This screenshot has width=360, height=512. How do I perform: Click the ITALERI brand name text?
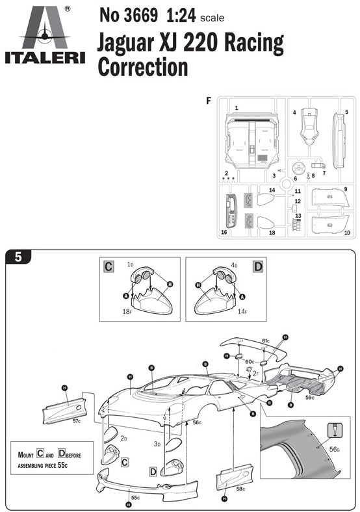pos(45,58)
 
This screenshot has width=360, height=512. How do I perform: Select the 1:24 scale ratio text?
pos(181,16)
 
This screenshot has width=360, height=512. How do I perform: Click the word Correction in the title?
pos(143,67)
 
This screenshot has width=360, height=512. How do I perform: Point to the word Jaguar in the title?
pos(126,44)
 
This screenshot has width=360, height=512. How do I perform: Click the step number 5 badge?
pos(18,257)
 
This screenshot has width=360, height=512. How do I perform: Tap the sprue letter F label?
pos(209,101)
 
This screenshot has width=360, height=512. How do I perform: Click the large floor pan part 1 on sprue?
pos(251,140)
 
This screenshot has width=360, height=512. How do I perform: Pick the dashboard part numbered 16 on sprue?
pos(231,211)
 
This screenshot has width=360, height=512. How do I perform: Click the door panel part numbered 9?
pos(330,198)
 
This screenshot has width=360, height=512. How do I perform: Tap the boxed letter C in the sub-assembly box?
pos(109,266)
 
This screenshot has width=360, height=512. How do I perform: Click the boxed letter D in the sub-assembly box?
pos(258,266)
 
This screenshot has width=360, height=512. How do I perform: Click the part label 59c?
pos(310,398)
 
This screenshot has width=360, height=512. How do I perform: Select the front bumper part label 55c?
pos(135,498)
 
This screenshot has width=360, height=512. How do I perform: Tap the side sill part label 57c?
pos(77,421)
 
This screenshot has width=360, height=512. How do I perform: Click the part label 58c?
pos(240,489)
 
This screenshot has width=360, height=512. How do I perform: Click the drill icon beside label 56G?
pos(335,430)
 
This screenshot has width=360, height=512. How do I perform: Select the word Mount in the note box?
pos(26,455)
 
